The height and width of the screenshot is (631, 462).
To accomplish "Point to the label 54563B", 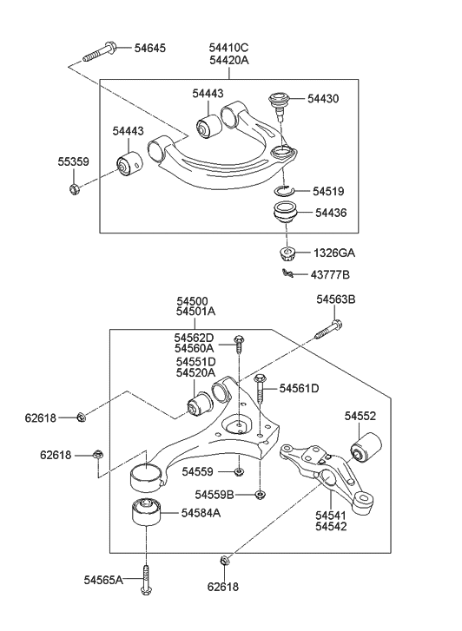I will pos(336,299).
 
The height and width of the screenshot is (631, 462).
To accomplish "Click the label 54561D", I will pos(299,388).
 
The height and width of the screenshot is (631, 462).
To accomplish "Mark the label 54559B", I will pos(215,495).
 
